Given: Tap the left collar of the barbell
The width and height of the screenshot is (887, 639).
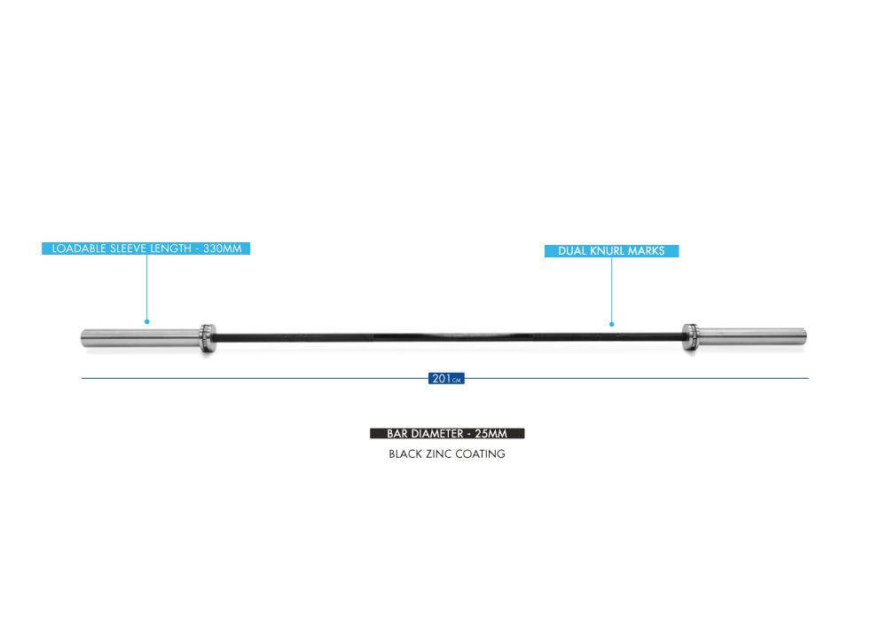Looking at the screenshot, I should tap(208, 336).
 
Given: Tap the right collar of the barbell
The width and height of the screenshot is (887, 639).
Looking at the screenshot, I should tap(689, 336).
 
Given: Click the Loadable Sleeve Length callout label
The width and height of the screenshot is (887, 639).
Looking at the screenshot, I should tap(146, 248).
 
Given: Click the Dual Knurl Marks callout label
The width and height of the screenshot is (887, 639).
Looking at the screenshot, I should tap(611, 251).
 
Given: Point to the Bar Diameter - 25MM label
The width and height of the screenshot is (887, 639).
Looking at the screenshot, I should tap(447, 434).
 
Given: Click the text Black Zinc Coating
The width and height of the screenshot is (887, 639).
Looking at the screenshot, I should tap(447, 454).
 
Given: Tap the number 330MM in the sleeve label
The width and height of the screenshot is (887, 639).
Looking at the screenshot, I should tap(223, 248).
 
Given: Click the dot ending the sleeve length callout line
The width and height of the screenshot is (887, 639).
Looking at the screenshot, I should tap(147, 321).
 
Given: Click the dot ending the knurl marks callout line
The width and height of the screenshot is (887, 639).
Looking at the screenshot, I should tap(611, 323).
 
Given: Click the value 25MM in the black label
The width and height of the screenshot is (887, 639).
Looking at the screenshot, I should tap(491, 434).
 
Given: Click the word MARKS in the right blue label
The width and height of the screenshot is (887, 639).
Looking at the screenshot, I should tap(647, 251).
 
